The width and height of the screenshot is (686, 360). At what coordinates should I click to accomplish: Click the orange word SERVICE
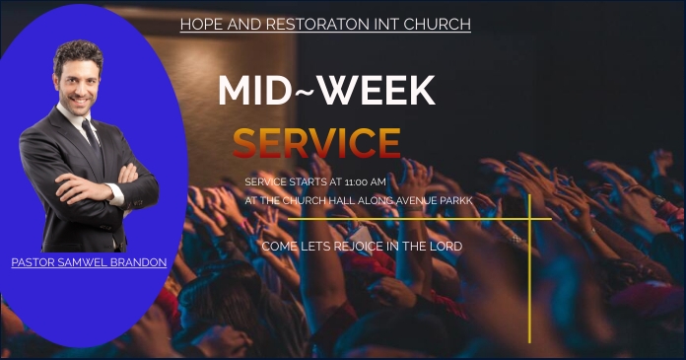point(316,144)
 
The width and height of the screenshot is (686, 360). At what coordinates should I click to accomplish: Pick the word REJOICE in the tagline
point(357,246)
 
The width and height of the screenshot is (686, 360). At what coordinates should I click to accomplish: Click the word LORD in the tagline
point(445,246)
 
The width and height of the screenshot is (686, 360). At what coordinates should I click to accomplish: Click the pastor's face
point(79,83)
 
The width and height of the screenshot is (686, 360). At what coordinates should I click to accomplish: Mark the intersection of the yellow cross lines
point(529,219)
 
